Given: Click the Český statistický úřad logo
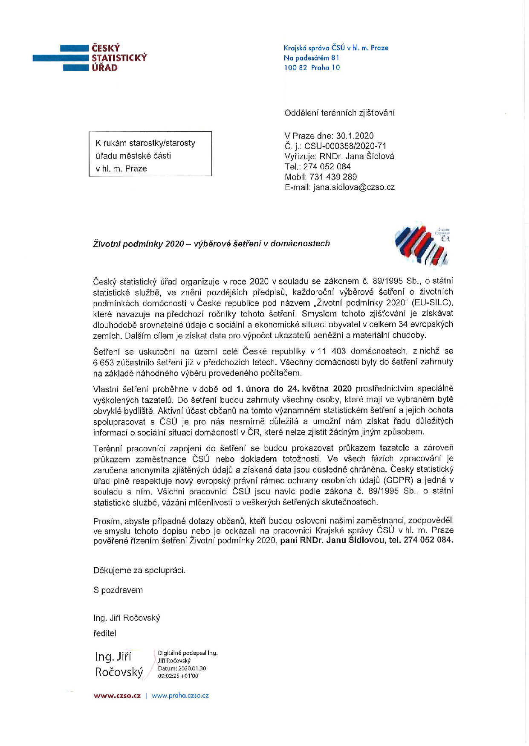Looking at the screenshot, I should tap(90, 58).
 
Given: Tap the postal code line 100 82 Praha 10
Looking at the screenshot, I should tap(312, 67).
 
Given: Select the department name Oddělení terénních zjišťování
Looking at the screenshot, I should tap(339, 113).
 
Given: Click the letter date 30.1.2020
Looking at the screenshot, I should tap(355, 136).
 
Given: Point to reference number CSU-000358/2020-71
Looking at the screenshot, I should tap(345, 146).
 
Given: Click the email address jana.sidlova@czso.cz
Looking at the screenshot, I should tap(354, 187).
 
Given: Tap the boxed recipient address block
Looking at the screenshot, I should tap(150, 154).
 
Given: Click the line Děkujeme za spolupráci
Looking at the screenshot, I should tap(139, 570).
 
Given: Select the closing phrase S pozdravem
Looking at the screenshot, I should tap(118, 590).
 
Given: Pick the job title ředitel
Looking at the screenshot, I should tap(104, 633).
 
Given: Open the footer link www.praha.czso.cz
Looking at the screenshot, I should tap(180, 695).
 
